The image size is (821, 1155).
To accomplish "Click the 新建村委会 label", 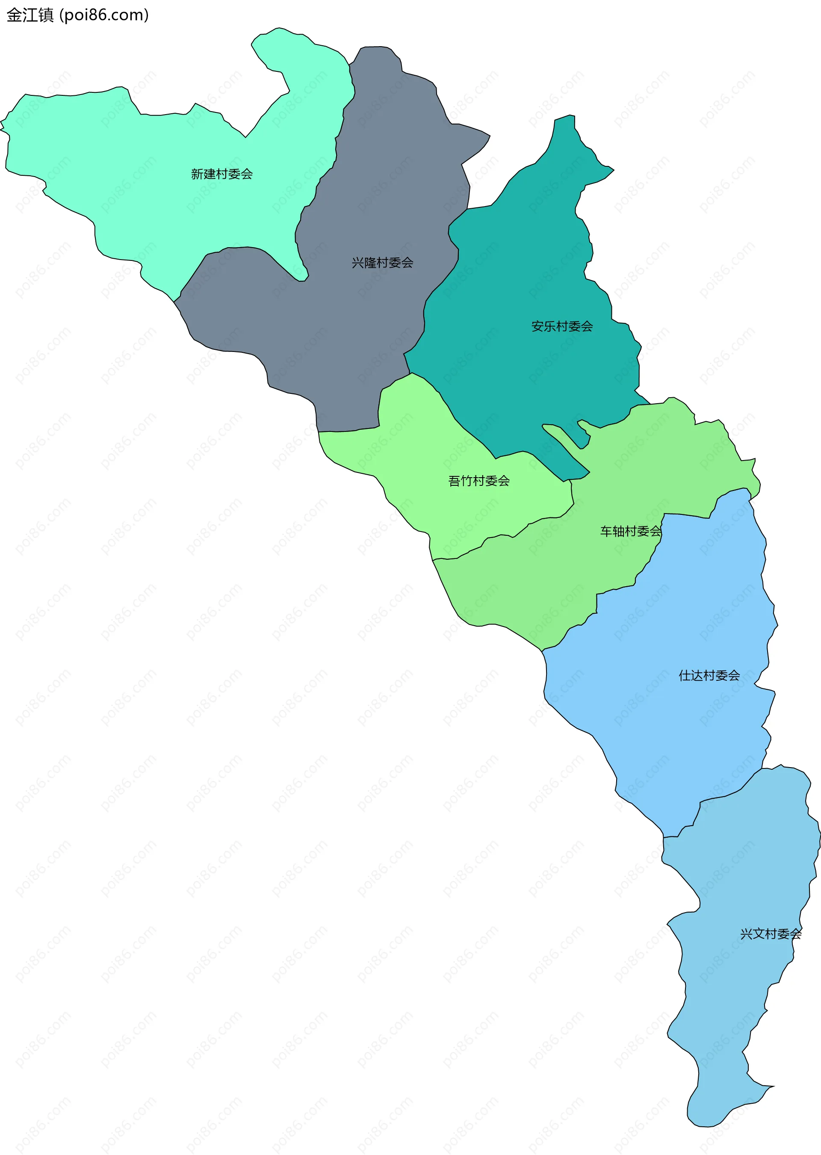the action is coord(221,174).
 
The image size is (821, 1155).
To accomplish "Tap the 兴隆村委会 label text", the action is coord(382,262).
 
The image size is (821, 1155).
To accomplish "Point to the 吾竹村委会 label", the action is coord(479,481).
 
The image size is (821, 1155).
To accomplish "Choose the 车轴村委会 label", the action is coord(630,531).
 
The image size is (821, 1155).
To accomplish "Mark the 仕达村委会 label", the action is coord(709,675).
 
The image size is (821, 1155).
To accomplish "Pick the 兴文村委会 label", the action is coord(771,933).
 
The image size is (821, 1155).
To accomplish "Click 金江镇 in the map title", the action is coord(30,15).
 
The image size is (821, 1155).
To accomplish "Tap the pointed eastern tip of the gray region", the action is coord(488,136).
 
